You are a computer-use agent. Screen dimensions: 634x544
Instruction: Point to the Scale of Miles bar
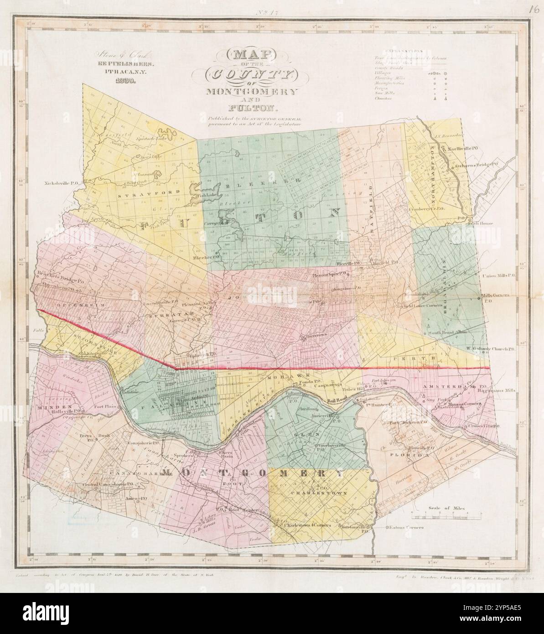click(446, 516)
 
